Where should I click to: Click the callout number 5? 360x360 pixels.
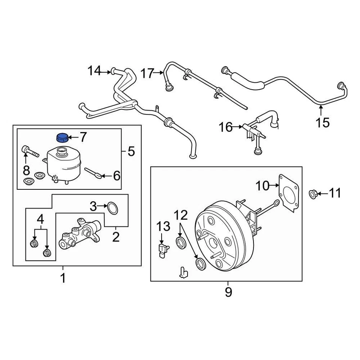tap(130, 151)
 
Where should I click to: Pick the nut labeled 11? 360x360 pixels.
tap(313, 193)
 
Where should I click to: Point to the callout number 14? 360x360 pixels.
tap(94, 70)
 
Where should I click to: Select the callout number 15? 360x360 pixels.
tap(322, 122)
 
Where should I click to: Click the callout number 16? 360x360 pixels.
tap(226, 127)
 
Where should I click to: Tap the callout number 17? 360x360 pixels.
tap(147, 73)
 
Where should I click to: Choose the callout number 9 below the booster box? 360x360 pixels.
tap(228, 291)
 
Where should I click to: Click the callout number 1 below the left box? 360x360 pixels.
tap(63, 278)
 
